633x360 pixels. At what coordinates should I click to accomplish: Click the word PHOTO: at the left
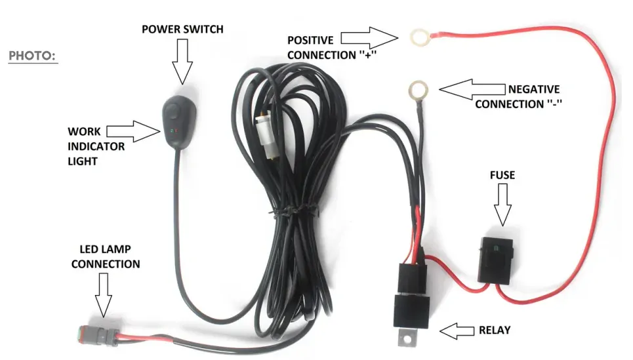click(x=33, y=56)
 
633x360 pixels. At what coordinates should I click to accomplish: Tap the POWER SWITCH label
click(x=183, y=30)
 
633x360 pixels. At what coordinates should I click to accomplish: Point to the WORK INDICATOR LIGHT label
click(x=96, y=146)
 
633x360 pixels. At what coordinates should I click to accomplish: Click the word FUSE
click(x=502, y=175)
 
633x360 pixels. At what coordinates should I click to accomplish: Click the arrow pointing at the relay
click(x=458, y=330)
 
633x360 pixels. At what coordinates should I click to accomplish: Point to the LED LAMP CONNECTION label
click(x=106, y=256)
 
